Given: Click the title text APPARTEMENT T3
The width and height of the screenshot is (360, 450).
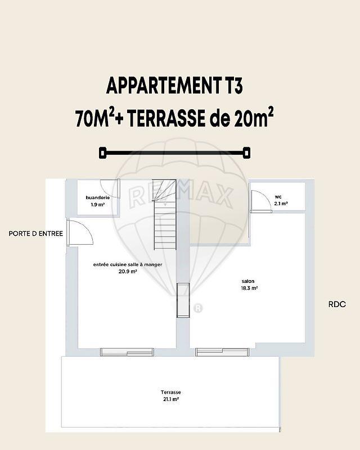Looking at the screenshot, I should pyautogui.click(x=174, y=87).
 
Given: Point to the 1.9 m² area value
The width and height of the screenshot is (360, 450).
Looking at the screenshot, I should pyautogui.click(x=97, y=205).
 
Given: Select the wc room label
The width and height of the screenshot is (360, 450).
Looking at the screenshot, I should pyautogui.click(x=278, y=196).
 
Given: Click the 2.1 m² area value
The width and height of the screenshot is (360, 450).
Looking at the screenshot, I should pyautogui.click(x=281, y=203).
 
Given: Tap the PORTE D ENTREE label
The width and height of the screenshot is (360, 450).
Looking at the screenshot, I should pyautogui.click(x=35, y=233).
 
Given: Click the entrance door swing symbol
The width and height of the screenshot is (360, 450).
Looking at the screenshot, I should pyautogui.click(x=81, y=232).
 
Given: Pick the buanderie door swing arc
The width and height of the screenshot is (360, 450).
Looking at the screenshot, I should pyautogui.click(x=109, y=188).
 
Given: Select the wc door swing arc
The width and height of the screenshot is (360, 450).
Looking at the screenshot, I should pyautogui.click(x=260, y=201).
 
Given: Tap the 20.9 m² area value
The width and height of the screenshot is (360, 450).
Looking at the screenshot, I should pyautogui.click(x=128, y=271).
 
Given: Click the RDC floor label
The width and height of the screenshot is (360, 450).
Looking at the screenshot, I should pyautogui.click(x=337, y=304).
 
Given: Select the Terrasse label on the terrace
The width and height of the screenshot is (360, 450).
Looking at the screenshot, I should pyautogui.click(x=170, y=392).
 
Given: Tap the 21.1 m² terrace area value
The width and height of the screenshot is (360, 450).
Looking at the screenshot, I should pyautogui.click(x=170, y=399).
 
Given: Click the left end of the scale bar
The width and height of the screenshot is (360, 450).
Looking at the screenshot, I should pyautogui.click(x=102, y=152).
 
